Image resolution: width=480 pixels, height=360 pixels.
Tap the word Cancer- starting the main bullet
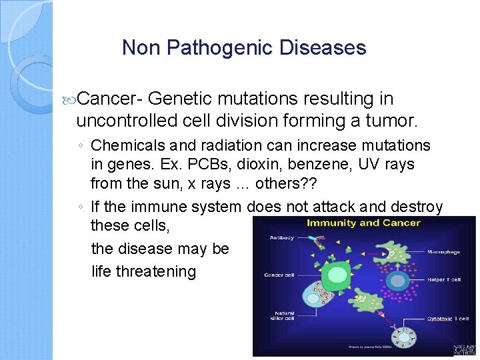pos(110,99)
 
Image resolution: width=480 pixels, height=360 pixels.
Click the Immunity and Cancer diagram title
pos(363,223)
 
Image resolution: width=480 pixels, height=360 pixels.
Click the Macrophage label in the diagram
pos(443,253)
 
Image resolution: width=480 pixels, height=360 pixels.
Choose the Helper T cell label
pos(443,279)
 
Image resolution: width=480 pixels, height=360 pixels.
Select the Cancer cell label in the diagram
pos(279,275)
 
